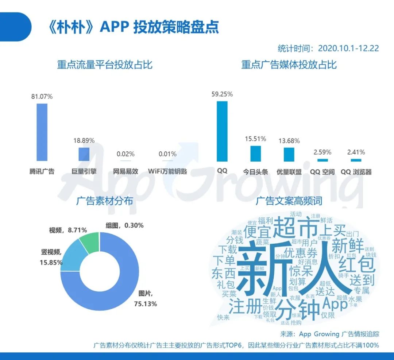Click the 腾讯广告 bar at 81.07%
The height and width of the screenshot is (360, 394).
coord(42,132)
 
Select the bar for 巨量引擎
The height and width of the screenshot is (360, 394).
coord(84,154)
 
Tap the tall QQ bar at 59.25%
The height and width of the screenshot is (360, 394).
coord(222,131)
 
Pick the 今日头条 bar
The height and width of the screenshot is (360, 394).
coord(255,154)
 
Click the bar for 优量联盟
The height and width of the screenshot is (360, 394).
coord(289,154)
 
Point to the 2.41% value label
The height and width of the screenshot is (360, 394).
coord(356,152)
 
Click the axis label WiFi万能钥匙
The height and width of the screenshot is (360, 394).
coord(167,171)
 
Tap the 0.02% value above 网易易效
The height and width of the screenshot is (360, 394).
coord(125,154)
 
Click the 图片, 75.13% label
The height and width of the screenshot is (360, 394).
coord(148,298)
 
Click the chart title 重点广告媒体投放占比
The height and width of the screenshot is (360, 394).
coord(289,65)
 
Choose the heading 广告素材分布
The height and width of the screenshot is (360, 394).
coord(105,201)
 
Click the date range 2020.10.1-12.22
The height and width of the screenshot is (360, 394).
coord(348,48)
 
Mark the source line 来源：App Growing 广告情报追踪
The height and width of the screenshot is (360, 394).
coord(329,333)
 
